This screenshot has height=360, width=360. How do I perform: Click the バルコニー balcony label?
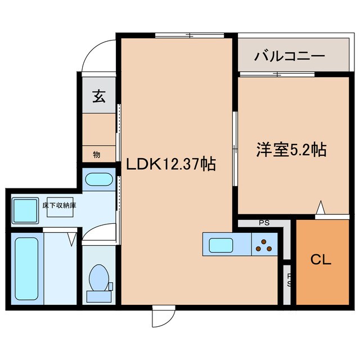coord(289,56)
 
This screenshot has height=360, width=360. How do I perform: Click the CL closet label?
coord(321,260)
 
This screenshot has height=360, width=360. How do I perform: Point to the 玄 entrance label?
coord(98,97)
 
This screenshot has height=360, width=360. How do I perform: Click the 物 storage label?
coord(96,154)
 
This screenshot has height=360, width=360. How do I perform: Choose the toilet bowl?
coord(100,280)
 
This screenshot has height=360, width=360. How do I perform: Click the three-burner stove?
coord(263,245)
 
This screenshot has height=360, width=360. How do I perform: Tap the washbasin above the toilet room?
coord(98,181)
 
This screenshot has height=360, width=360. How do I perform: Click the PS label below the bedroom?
coord(264,223)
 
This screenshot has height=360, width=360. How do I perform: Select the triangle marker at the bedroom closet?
coord(321,209)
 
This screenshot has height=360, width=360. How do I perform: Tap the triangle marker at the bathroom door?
coord(71,240)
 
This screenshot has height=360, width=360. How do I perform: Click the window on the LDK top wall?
coord(190,36)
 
